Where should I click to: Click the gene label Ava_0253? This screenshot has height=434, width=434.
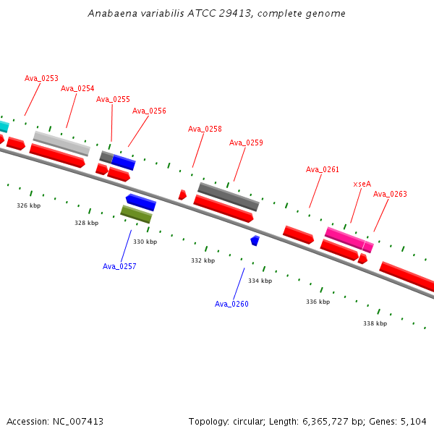pos(41,78)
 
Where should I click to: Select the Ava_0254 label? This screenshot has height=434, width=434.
pos(77,88)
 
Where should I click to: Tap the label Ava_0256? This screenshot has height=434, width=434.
pos(149,111)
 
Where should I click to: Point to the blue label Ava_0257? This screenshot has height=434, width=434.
pos(119,266)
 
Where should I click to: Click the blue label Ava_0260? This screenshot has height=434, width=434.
pos(231,304)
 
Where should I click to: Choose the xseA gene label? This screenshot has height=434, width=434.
pos(362,184)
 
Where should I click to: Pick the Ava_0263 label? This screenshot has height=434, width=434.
pos(390,194)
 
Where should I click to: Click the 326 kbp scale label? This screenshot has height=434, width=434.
pos(28,205)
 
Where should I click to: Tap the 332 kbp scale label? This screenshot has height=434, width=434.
pos(203,260)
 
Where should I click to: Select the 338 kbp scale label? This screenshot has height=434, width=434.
pos(375,323)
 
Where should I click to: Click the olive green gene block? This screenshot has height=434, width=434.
pos(136,214)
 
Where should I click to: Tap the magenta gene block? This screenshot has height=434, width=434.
pos(349,239)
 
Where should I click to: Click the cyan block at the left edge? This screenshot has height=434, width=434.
pos(4,126)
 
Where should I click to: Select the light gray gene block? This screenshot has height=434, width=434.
pos(61,144)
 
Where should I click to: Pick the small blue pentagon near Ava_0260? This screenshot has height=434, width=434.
pos(255,241)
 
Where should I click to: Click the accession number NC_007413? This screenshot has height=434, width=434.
pos(78,422)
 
